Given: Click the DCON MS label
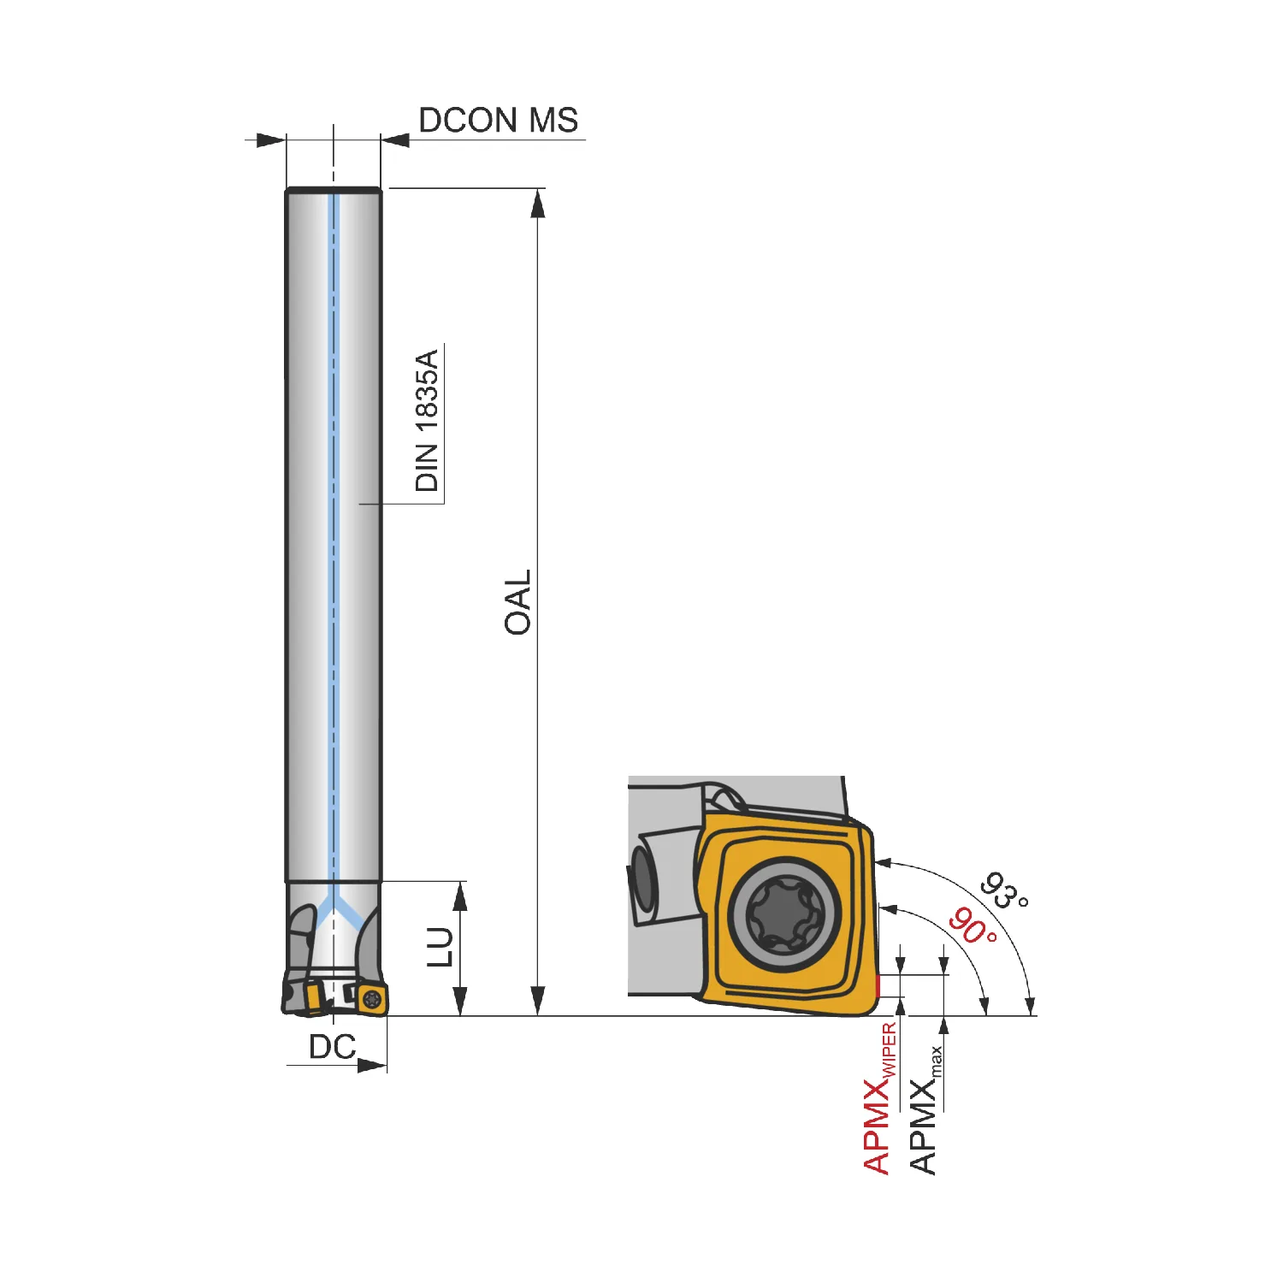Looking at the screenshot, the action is (498, 121).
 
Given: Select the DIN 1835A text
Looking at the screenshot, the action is (426, 420).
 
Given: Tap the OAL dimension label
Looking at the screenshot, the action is (517, 602).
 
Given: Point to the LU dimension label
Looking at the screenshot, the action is (440, 947).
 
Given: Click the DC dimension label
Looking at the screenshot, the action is (332, 1047).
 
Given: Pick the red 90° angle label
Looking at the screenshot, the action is (973, 926).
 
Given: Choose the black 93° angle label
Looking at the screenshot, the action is (1004, 891).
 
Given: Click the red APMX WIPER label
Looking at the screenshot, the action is (879, 1098).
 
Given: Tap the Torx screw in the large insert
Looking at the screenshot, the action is (783, 914).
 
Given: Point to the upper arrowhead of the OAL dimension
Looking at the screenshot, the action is (537, 204).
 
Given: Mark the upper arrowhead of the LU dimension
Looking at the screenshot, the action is (460, 896).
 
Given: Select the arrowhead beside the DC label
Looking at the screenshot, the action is (372, 1066).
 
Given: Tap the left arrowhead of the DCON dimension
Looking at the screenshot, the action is (271, 139).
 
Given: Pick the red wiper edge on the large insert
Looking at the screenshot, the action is (878, 988).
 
